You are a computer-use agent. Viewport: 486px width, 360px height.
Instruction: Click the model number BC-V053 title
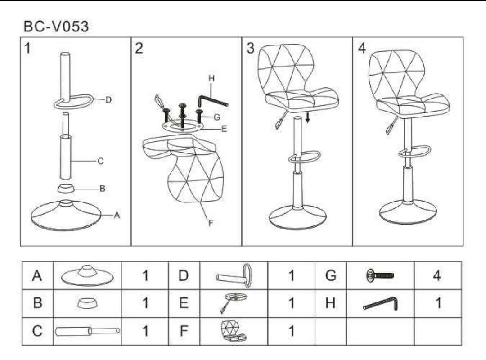(x=56, y=27)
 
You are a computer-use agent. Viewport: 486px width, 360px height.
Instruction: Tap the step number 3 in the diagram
(x=251, y=48)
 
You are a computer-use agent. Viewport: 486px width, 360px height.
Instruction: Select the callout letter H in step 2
(x=211, y=78)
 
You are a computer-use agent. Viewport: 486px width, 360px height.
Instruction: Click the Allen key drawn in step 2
(x=212, y=101)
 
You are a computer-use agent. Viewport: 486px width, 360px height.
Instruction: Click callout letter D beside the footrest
(x=108, y=100)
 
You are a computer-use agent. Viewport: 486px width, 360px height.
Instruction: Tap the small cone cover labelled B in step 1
(x=66, y=188)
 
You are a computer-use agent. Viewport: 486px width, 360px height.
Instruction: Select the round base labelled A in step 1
(x=66, y=216)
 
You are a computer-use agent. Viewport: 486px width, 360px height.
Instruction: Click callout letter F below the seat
(x=211, y=223)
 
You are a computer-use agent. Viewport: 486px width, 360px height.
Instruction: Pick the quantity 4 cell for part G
(x=437, y=275)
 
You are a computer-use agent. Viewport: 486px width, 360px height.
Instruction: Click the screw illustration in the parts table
(x=380, y=275)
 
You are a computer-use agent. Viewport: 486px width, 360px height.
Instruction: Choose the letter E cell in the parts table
(x=184, y=303)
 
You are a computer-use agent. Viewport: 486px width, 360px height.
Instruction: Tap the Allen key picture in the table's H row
(x=380, y=303)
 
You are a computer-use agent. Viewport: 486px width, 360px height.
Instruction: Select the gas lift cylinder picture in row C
(x=87, y=331)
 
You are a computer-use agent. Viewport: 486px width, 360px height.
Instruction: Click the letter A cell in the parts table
(x=37, y=275)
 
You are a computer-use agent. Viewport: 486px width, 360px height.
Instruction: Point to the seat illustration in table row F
(x=234, y=331)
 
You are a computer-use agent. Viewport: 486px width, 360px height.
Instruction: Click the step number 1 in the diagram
(x=27, y=48)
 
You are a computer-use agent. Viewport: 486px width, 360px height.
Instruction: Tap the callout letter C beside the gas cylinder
(x=100, y=161)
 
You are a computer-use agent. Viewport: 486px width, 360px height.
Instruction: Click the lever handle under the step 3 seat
(x=280, y=121)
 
